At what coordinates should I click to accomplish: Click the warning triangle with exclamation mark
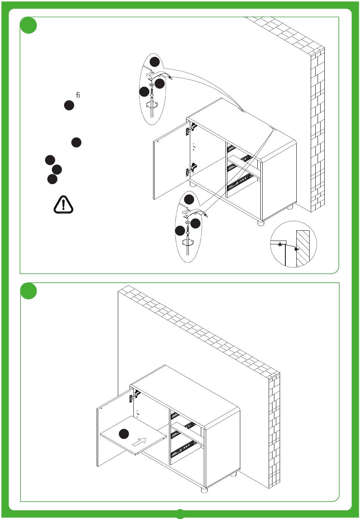click(63, 205)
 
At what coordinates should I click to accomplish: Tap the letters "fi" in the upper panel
click(78, 95)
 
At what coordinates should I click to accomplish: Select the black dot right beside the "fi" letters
click(69, 105)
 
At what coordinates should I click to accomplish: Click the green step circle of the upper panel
click(28, 25)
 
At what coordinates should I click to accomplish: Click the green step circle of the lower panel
click(28, 291)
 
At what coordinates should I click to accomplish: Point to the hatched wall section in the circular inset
click(303, 249)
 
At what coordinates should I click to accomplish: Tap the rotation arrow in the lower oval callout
click(188, 242)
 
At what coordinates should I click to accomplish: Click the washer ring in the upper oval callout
click(151, 85)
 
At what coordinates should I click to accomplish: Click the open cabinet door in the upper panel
click(172, 161)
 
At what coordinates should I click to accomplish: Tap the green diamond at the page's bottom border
click(180, 514)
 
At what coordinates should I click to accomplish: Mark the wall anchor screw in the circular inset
click(296, 250)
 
